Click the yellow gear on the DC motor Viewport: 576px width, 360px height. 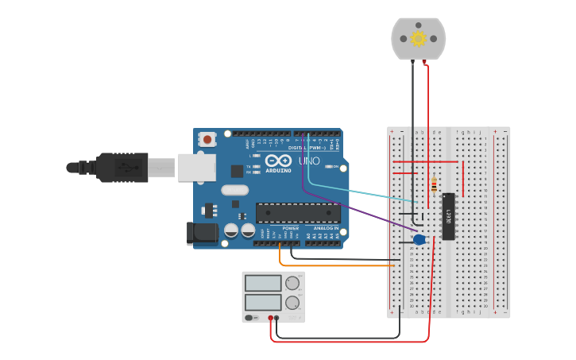(419, 38)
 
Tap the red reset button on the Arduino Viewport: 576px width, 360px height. (207, 139)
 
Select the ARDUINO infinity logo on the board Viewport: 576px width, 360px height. (278, 161)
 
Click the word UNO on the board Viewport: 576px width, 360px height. (309, 161)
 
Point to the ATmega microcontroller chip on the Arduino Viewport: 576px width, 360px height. (298, 212)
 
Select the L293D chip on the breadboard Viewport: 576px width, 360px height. (448, 215)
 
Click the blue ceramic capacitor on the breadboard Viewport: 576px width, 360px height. (419, 239)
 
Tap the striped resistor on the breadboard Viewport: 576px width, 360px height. (433, 184)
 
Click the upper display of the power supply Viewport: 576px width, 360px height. (263, 283)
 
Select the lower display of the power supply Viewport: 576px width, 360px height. (263, 302)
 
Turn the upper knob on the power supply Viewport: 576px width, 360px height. (292, 283)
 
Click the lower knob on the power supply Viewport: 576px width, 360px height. (292, 302)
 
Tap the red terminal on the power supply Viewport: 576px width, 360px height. (271, 318)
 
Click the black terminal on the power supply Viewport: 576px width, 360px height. (276, 318)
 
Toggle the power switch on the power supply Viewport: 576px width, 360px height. (249, 318)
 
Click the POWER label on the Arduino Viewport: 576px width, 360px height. (291, 228)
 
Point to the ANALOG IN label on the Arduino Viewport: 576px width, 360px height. (325, 228)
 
